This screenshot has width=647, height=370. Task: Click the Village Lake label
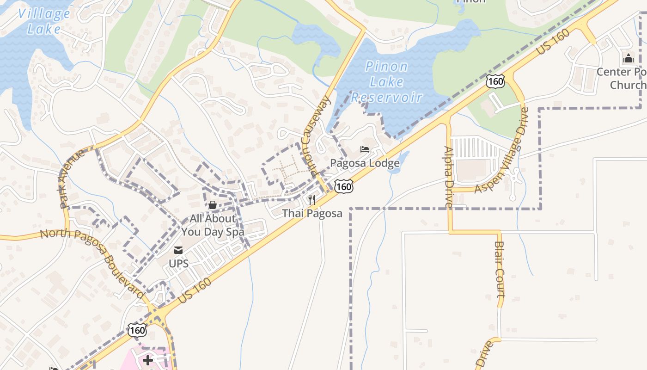pyautogui.click(x=44, y=21)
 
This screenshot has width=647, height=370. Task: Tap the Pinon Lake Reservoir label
pyautogui.click(x=387, y=82)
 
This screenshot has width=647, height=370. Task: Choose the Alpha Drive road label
pyautogui.click(x=449, y=177)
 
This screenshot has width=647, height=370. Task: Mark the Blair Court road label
pyautogui.click(x=500, y=269)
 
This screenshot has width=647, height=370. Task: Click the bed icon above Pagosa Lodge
pyautogui.click(x=365, y=149)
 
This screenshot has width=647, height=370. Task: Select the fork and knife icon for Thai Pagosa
pyautogui.click(x=312, y=200)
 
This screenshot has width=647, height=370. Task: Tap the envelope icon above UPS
pyautogui.click(x=178, y=250)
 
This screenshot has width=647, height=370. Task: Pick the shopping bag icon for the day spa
pyautogui.click(x=213, y=204)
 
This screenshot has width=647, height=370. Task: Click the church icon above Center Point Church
pyautogui.click(x=628, y=59)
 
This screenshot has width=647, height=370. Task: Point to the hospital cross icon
pyautogui.click(x=148, y=360)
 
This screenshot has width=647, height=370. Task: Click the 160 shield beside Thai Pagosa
pyautogui.click(x=344, y=186)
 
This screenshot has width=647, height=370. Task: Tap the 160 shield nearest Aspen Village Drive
pyautogui.click(x=495, y=81)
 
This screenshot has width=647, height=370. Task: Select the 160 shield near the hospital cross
pyautogui.click(x=137, y=330)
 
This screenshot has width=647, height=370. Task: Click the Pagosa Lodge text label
pyautogui.click(x=365, y=163)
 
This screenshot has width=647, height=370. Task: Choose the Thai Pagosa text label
pyautogui.click(x=312, y=213)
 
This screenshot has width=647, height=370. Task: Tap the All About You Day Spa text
pyautogui.click(x=213, y=225)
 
